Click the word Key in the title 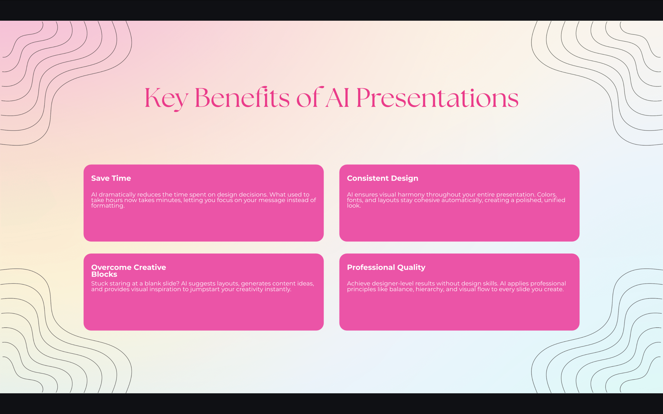(166, 98)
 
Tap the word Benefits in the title (242, 98)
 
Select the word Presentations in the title (437, 98)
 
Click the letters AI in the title (337, 98)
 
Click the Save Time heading (111, 178)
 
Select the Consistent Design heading (383, 178)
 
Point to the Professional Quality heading (386, 267)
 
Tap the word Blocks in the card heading (104, 274)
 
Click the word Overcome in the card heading (111, 267)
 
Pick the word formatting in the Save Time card (107, 206)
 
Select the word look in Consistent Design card (353, 206)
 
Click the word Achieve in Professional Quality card (358, 284)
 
